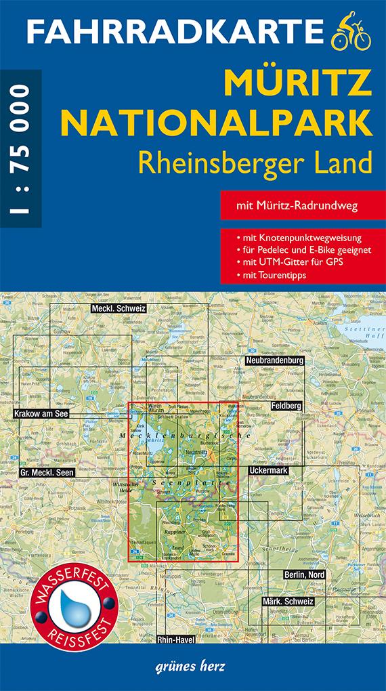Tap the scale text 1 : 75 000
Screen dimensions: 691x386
click(x=20, y=150)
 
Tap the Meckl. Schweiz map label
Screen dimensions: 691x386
click(x=119, y=308)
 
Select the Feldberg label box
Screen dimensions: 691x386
click(x=285, y=405)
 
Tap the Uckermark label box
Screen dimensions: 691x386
click(x=270, y=469)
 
